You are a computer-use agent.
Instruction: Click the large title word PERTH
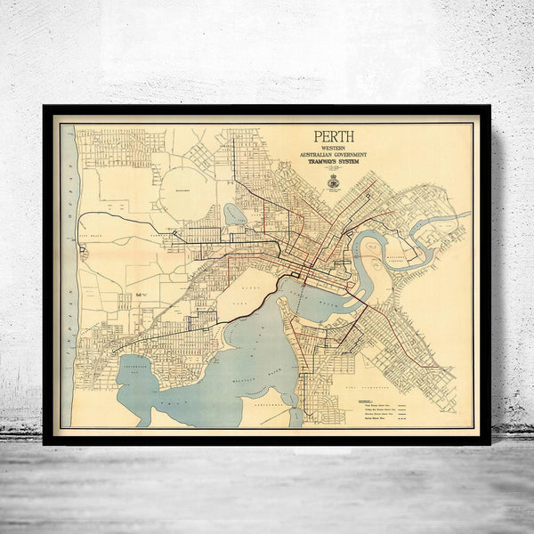[333, 137]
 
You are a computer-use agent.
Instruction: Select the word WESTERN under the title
[333, 149]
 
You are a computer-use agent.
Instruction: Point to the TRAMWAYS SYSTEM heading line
[333, 164]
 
